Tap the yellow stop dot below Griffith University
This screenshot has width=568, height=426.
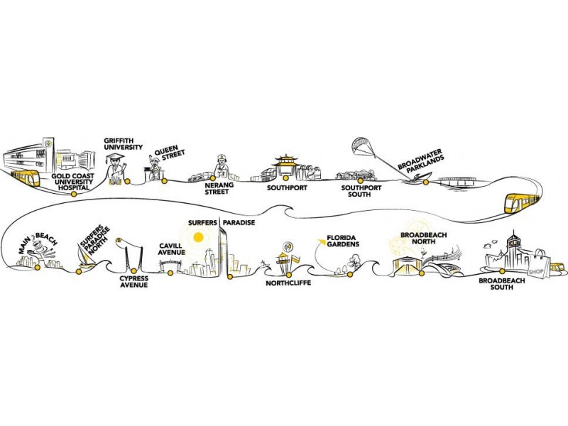point(127,181)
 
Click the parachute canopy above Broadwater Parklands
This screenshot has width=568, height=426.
point(367,147)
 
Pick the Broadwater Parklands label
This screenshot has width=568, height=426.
point(420,164)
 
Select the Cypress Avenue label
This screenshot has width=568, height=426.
point(133,281)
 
